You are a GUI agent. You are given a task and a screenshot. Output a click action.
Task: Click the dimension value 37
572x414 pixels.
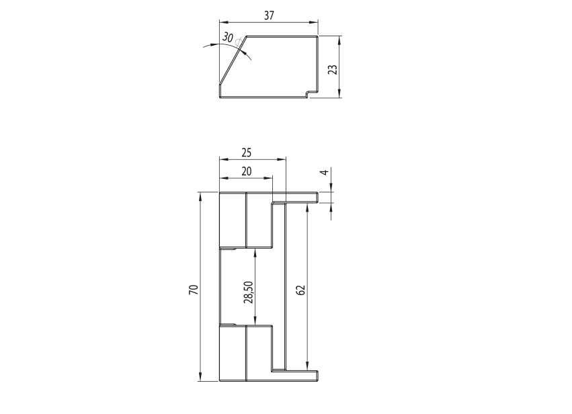point(269,15)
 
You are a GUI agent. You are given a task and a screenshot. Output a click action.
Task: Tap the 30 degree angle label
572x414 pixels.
point(228,37)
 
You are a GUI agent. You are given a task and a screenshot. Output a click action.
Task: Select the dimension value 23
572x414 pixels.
point(333,69)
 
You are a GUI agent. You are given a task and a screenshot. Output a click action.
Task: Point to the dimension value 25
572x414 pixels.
point(247,153)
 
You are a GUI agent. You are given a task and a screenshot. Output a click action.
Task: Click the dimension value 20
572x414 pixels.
point(247,171)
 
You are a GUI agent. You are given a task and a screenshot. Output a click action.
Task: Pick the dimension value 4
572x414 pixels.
point(325,171)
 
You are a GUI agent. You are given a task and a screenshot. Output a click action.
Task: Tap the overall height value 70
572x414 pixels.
point(194,290)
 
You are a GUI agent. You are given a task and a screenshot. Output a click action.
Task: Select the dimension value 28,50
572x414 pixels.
point(249,292)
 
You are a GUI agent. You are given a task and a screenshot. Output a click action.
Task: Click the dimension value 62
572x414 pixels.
point(301,290)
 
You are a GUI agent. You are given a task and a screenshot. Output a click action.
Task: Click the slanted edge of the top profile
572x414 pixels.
point(233,60)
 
